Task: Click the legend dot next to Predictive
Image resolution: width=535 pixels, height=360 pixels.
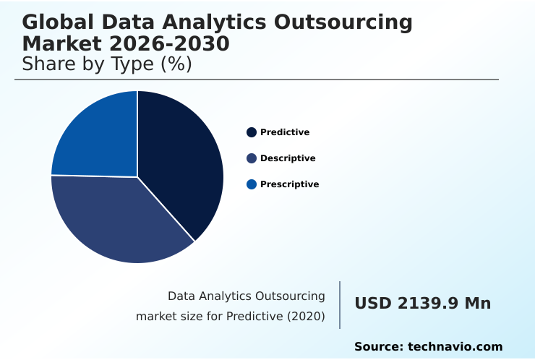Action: (x=252, y=132)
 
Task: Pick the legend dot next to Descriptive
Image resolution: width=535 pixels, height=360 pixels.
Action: (x=252, y=158)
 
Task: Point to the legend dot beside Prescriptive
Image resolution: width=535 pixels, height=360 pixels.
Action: (x=252, y=184)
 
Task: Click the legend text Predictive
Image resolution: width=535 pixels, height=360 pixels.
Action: (x=285, y=132)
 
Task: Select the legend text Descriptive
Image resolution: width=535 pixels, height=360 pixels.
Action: (x=288, y=158)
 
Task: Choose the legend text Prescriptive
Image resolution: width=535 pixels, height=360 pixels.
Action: (x=289, y=184)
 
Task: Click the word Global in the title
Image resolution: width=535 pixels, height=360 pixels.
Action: (x=59, y=22)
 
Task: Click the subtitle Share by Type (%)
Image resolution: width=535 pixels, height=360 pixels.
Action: (x=106, y=64)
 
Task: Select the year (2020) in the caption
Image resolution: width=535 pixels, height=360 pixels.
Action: (x=307, y=316)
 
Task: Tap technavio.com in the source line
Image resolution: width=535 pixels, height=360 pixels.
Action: (x=455, y=347)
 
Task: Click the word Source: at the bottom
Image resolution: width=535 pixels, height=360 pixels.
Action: (x=379, y=347)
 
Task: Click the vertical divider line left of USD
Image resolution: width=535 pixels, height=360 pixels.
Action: (x=340, y=305)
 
